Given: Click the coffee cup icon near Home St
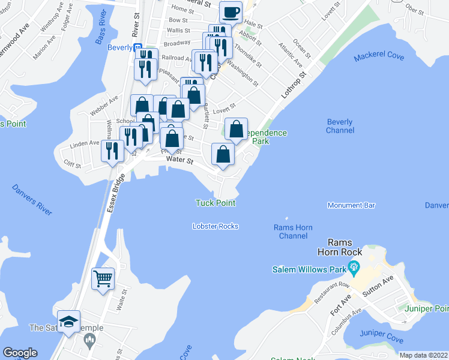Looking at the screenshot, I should point(231,11).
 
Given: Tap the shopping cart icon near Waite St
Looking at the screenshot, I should point(102,278).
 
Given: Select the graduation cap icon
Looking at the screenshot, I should point(68,321).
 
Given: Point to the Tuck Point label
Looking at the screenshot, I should point(215,203).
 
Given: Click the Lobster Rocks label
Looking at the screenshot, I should point(215,226).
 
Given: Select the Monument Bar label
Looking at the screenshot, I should point(351,205).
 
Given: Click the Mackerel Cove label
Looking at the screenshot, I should point(379,57).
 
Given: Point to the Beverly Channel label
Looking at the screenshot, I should point(340,125).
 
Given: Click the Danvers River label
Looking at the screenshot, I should point(32,200).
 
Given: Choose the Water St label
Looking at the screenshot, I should point(181,161).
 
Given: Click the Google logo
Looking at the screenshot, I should point(20,353).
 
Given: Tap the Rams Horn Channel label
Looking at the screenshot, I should point(294,232).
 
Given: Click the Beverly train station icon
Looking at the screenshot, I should point(137,47).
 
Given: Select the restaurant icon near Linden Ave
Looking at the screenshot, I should point(112,150).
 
